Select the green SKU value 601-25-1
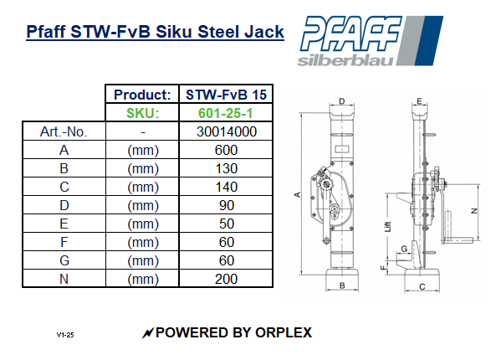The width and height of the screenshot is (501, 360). pos(226,113)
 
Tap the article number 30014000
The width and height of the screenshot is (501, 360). pos(226,131)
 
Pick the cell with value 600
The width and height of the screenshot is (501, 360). pos(226,150)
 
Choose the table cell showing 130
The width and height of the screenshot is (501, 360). pos(226,168)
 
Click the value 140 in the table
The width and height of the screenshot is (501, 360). pos(226,187)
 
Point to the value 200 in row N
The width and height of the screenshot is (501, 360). pos(226,279)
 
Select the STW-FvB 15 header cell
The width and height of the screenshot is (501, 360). pos(226,95)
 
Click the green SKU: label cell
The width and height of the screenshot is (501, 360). pos(143,113)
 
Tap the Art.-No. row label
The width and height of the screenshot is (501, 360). pos(64,131)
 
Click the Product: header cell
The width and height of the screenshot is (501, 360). pos(143,95)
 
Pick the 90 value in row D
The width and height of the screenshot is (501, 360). pos(226,205)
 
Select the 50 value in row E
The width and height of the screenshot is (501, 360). pos(226,224)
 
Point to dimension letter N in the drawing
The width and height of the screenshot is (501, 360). pos(474,211)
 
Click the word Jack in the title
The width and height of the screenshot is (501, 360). pos(261,33)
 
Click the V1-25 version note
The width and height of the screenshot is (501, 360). pos(66,334)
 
